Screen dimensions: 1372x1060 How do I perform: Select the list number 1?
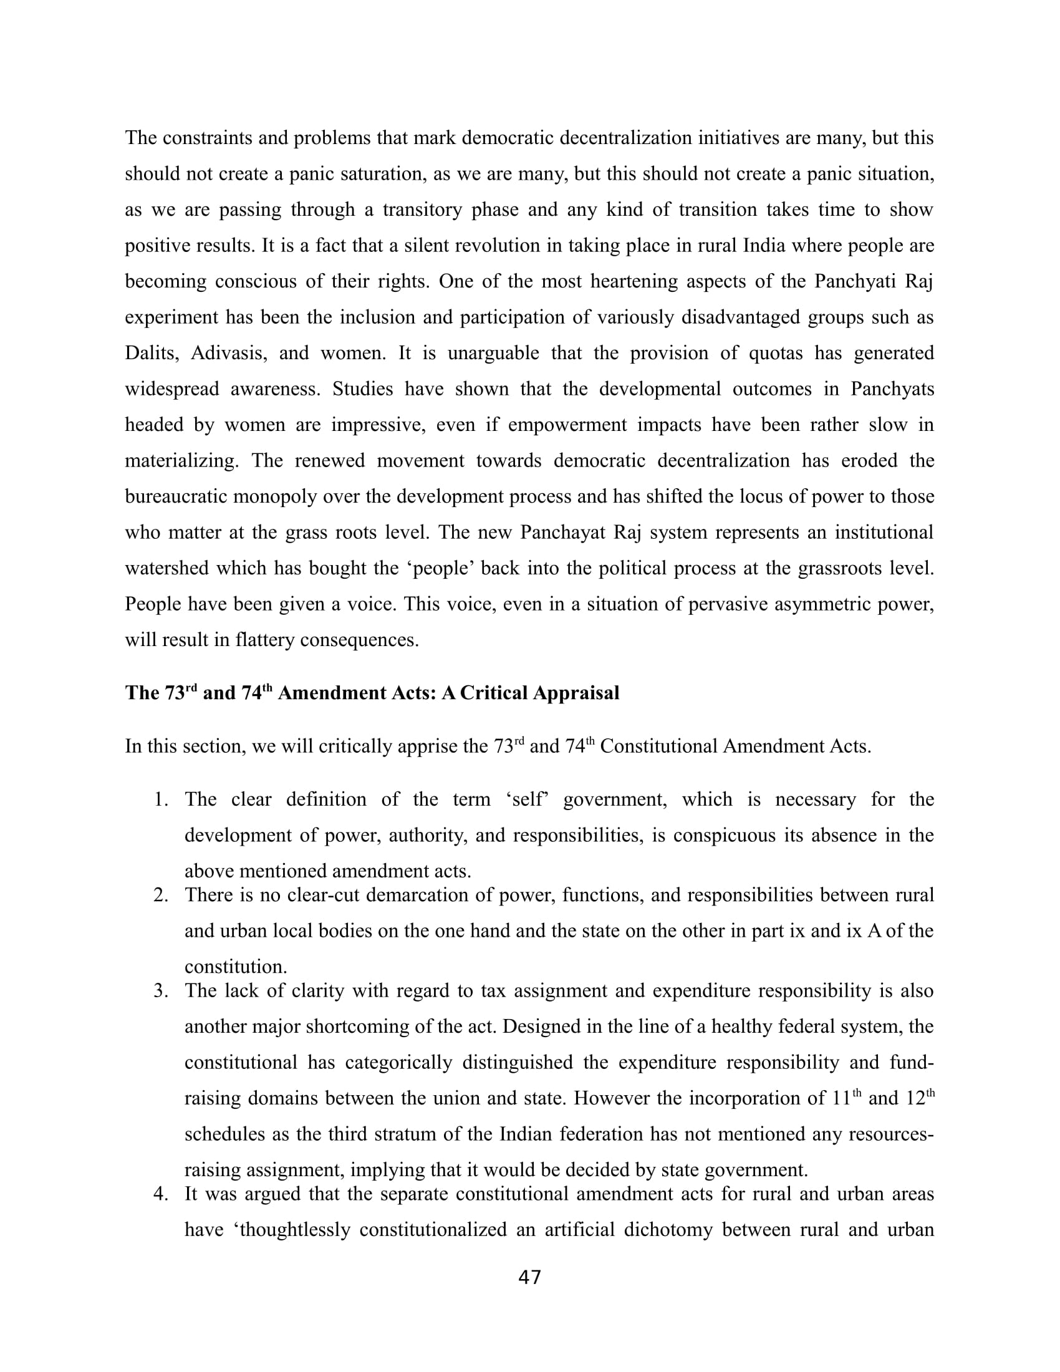click(x=161, y=800)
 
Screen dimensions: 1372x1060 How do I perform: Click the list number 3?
click(x=161, y=992)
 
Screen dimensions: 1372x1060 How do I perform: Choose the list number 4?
click(x=161, y=1194)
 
